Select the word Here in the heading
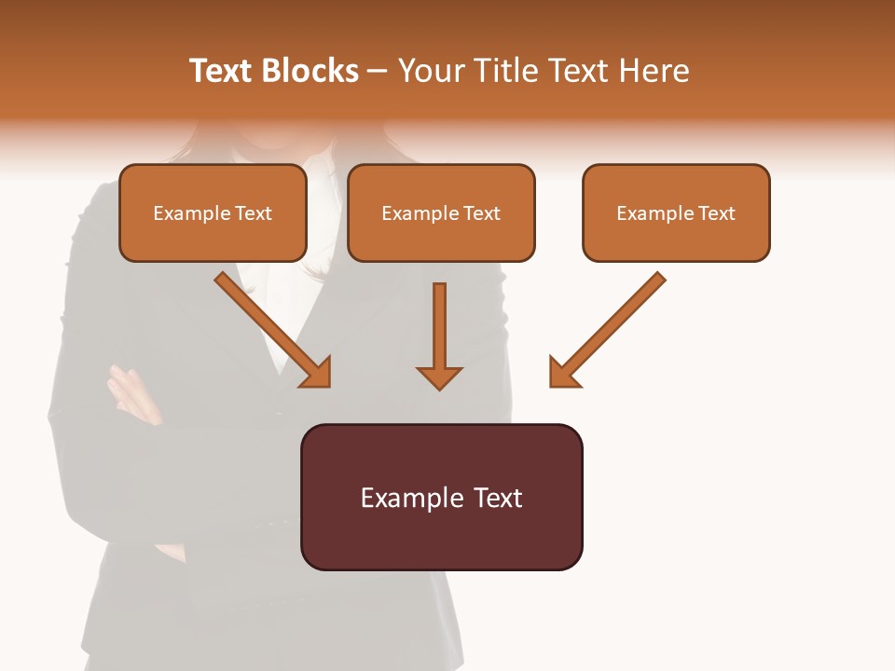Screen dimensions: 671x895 [x=652, y=71]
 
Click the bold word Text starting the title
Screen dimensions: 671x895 [x=221, y=71]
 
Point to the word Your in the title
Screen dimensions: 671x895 [x=431, y=71]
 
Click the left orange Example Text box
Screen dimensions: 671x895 [x=213, y=212]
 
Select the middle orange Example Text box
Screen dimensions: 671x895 [x=441, y=212]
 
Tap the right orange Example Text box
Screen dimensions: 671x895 [x=676, y=212]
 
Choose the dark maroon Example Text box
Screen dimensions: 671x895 [x=441, y=497]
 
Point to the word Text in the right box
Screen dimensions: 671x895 [x=716, y=213]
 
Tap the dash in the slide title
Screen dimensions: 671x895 [x=378, y=71]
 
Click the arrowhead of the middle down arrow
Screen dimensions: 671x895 [x=439, y=377]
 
